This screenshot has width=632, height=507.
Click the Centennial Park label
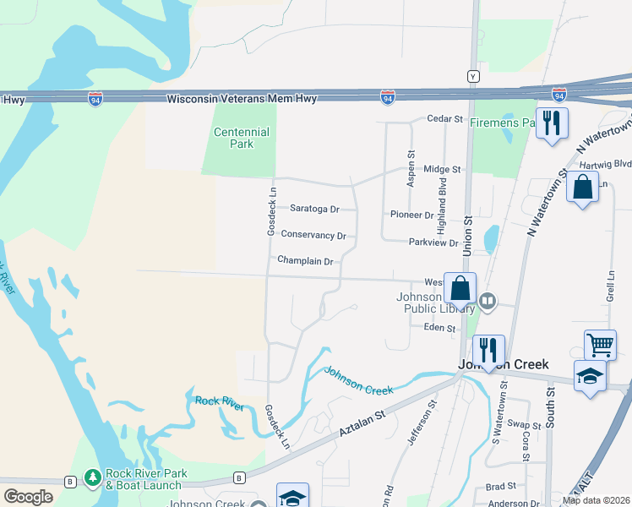pyautogui.click(x=241, y=138)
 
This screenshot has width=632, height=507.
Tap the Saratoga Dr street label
pyautogui.click(x=314, y=209)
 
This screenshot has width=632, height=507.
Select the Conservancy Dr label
pyautogui.click(x=313, y=236)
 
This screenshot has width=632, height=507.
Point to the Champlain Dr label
pyautogui.click(x=305, y=262)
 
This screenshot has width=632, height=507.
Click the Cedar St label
pyautogui.click(x=445, y=119)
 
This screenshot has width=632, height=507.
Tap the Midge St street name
pyautogui.click(x=442, y=170)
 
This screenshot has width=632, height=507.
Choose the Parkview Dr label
pyautogui.click(x=433, y=243)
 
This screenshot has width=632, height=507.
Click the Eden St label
pyautogui.click(x=439, y=328)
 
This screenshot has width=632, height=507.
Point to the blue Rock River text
pyautogui.click(x=220, y=404)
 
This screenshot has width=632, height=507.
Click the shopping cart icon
pyautogui.click(x=600, y=343)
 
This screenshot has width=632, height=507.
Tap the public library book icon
pyautogui.click(x=488, y=301)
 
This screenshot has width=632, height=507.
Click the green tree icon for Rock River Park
pyautogui.click(x=92, y=479)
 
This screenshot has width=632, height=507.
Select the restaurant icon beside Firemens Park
pyautogui.click(x=552, y=122)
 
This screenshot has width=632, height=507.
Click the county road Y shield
pyautogui.click(x=474, y=76)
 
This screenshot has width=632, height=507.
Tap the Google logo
pyautogui.click(x=28, y=497)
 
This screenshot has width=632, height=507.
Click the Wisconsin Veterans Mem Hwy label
pyautogui.click(x=242, y=99)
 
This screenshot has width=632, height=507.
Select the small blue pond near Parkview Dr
pyautogui.click(x=491, y=240)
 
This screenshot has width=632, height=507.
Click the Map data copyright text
pyautogui.click(x=596, y=500)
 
